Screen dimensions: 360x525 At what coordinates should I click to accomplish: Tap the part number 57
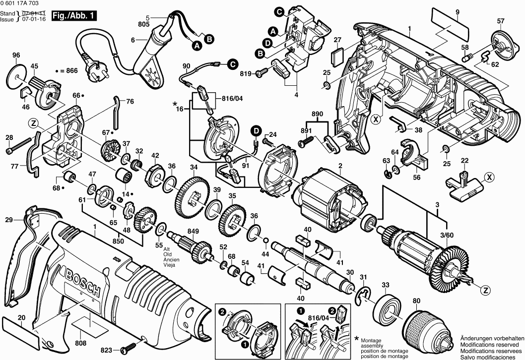coord(501,20)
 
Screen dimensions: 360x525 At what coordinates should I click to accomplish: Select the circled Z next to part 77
coord(33,123)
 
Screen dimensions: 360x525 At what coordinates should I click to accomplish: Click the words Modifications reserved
coord(491,344)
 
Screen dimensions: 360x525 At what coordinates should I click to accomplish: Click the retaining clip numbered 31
coord(364,294)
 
